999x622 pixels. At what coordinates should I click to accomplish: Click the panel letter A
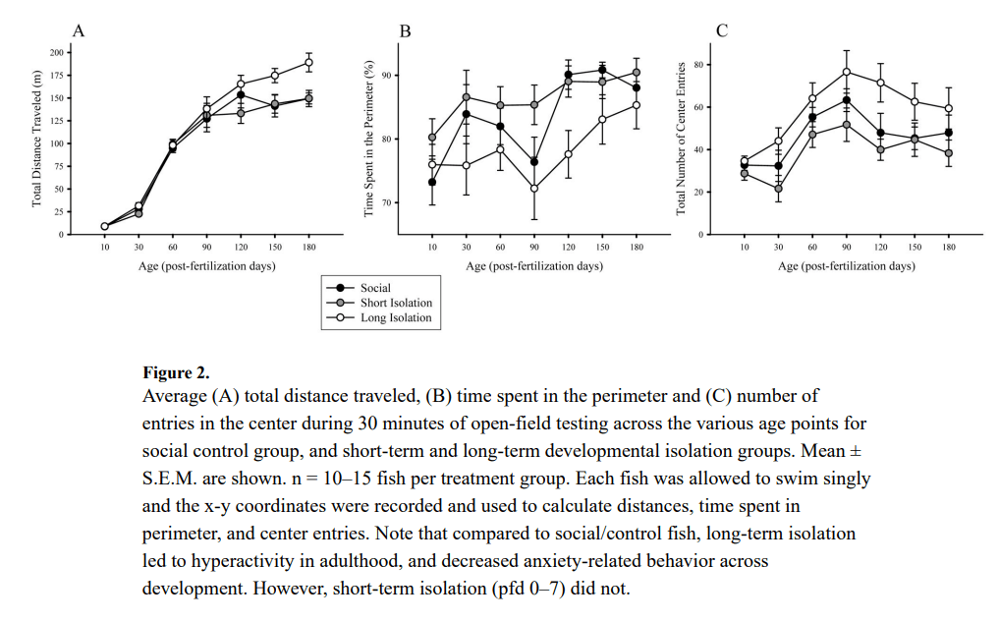pos(79,30)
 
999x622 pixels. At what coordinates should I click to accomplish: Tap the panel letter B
pos(404,30)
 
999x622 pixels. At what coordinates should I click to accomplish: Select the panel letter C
pos(722,30)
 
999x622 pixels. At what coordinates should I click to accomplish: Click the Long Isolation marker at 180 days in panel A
pos(308,63)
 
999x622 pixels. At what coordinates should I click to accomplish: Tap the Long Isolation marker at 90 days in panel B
pos(534,188)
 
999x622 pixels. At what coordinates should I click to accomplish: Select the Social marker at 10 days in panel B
pos(432,182)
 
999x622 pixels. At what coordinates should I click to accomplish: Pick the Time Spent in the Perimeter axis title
pos(369,138)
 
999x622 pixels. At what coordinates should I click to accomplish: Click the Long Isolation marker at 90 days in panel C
pos(846,72)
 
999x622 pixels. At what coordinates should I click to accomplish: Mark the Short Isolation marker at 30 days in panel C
pos(778,188)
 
